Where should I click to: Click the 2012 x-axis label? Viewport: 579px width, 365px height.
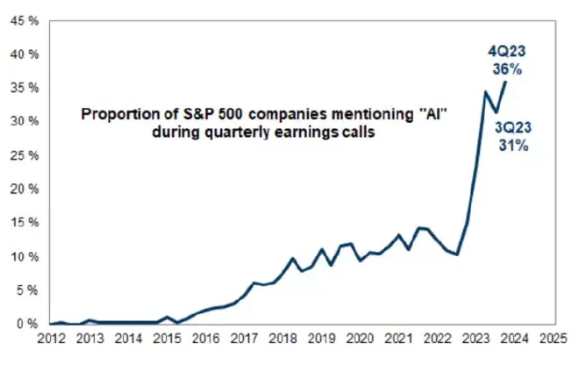pos(50,336)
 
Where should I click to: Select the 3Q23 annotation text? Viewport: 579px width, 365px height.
pos(513,129)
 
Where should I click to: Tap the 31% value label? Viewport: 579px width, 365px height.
pos(513,146)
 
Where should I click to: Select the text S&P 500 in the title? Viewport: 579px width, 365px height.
pos(185,115)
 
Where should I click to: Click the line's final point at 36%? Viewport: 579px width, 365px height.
pos(505,82)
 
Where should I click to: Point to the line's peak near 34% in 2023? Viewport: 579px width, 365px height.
pos(486,91)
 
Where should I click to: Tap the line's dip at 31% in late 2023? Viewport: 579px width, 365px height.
pos(496,113)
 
